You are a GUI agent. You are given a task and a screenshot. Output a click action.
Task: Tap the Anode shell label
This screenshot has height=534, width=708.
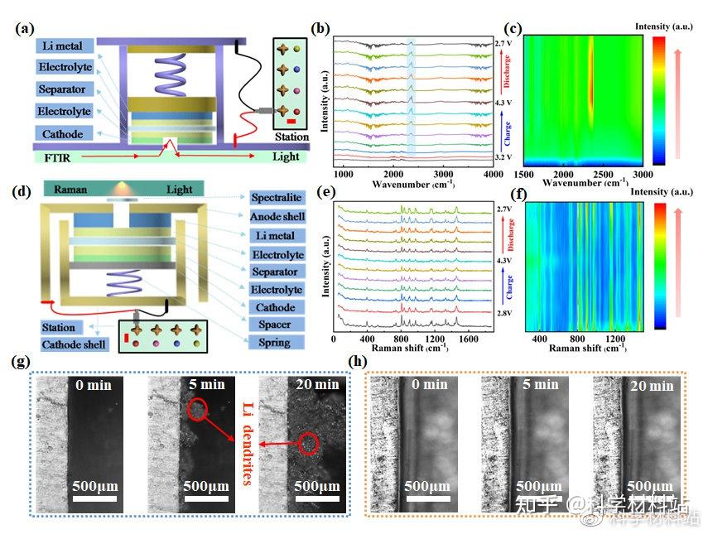click(x=277, y=217)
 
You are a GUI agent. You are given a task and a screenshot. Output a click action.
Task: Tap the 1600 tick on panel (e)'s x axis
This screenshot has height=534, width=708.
click(x=469, y=339)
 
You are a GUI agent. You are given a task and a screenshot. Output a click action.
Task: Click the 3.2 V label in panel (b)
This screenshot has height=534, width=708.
click(x=504, y=156)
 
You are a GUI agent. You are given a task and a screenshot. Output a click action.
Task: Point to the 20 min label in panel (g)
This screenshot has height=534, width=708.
click(x=316, y=384)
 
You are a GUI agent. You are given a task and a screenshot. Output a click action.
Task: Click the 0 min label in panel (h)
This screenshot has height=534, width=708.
click(x=430, y=384)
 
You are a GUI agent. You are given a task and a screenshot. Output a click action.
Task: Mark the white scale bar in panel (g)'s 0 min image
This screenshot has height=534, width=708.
click(x=94, y=499)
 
